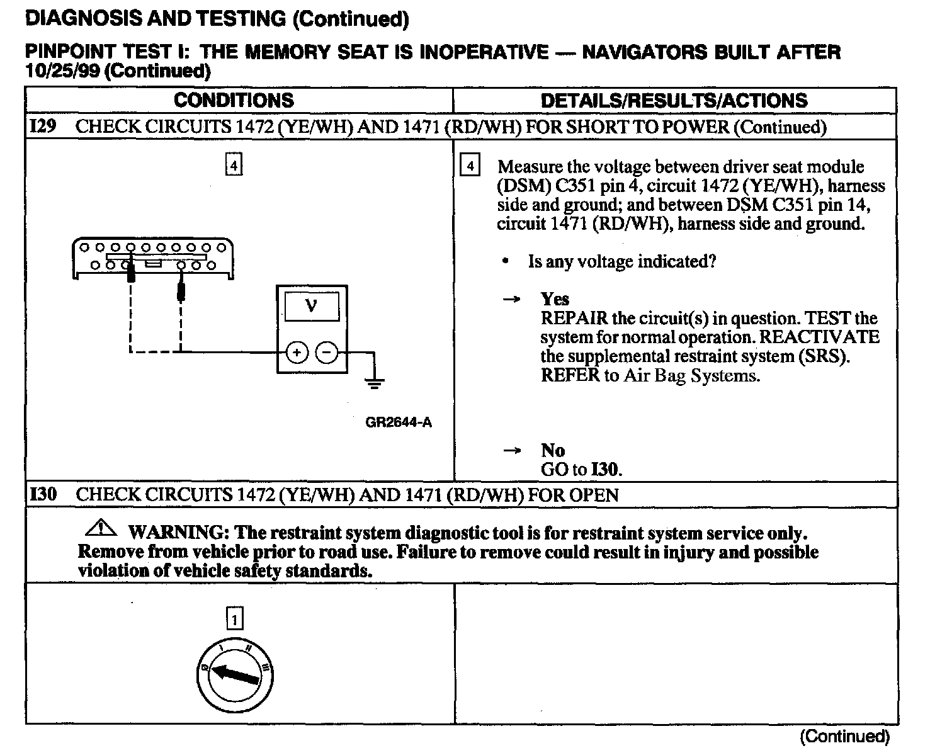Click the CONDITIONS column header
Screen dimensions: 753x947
pos(234,101)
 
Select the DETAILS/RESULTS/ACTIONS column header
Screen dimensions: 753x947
pos(674,101)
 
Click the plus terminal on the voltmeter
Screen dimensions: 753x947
pos(297,353)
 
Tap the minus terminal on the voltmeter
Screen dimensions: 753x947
pos(326,353)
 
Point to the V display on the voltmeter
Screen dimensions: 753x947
pos(312,307)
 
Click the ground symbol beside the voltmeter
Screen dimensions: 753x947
pos(375,382)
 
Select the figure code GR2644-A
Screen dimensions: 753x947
pos(399,422)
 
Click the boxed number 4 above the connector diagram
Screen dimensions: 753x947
pos(234,166)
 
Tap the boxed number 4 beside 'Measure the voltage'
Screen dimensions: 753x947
pos(470,167)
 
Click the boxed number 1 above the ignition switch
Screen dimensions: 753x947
pos(234,620)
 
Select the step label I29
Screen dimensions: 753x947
pos(43,127)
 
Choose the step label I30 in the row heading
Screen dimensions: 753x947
pos(43,494)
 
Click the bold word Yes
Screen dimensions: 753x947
pos(555,299)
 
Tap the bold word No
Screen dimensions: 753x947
pos(552,450)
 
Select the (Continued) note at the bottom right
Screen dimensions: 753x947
pos(844,736)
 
